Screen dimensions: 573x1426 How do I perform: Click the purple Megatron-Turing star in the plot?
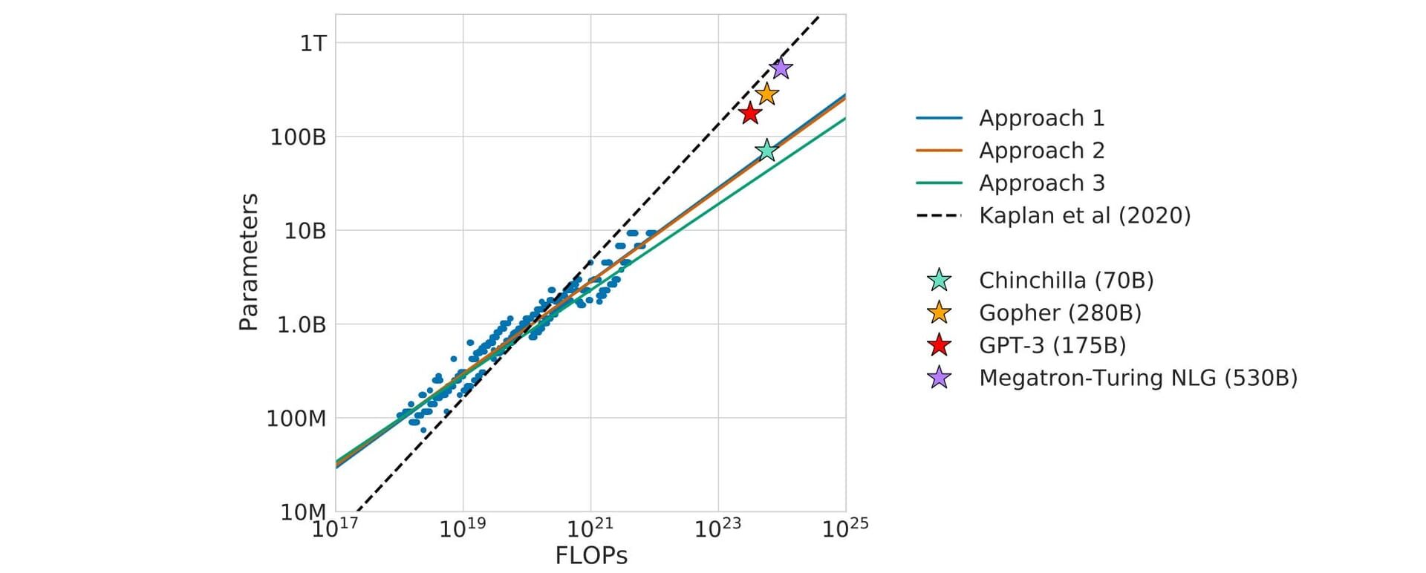[x=780, y=68]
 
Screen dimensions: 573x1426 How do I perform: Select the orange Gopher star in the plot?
[x=767, y=94]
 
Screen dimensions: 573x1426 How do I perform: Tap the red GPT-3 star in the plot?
[x=750, y=114]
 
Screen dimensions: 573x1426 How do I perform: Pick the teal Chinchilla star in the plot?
[x=766, y=151]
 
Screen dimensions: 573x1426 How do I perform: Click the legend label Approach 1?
[x=1041, y=118]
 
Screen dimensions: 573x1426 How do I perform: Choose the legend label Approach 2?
[x=1041, y=151]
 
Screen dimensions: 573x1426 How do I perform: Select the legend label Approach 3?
[x=1041, y=183]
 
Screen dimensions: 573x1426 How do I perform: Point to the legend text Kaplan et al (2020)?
[x=1084, y=216]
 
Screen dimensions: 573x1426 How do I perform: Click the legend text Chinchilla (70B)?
[x=1066, y=281]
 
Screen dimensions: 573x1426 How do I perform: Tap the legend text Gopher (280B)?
[x=1060, y=313]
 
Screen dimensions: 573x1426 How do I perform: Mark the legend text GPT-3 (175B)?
[x=1052, y=346]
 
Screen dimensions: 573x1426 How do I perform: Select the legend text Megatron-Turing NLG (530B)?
[x=1138, y=379]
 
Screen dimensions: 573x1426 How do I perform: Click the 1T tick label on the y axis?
[x=313, y=44]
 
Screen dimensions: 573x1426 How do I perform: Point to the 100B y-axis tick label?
[x=298, y=137]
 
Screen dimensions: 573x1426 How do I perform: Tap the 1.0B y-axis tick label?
[x=302, y=325]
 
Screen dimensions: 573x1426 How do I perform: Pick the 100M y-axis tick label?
[x=296, y=419]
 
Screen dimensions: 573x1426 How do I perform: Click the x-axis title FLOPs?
[x=591, y=556]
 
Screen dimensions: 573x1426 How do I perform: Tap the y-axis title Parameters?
[x=249, y=262]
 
